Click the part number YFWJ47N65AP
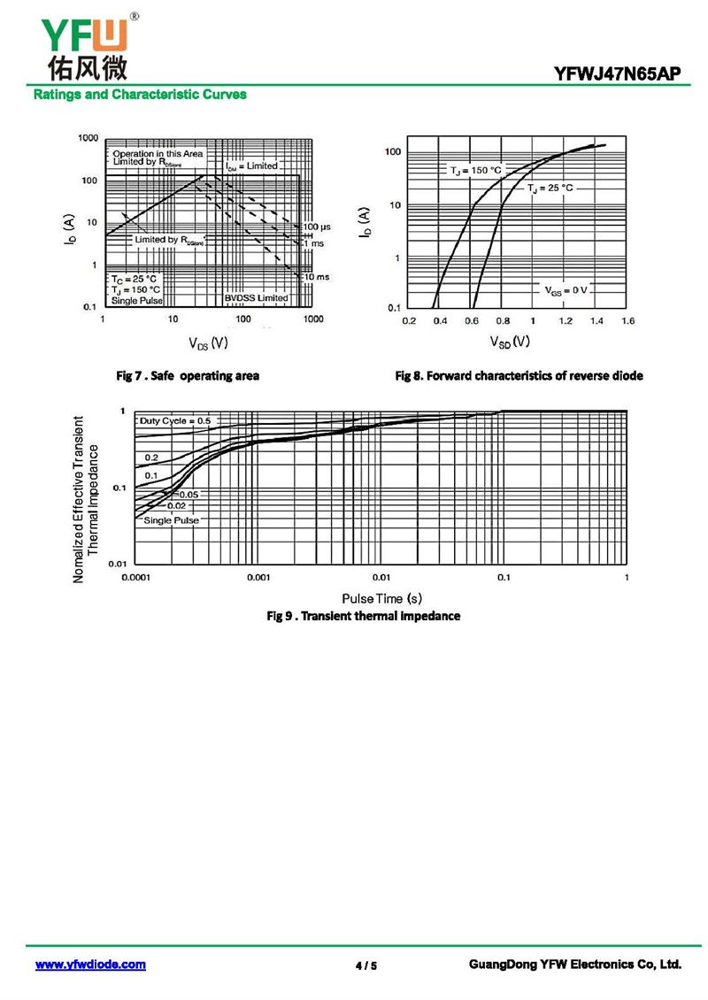618,74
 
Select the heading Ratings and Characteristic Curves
140,95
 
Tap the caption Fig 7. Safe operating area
189,376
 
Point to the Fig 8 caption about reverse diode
519,376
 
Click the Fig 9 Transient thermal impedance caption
364,616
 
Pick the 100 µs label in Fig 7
317,227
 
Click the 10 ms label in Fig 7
316,277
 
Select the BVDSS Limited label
256,298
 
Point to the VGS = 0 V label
566,290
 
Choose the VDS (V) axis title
208,342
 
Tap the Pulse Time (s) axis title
381,599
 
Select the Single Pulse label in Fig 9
171,520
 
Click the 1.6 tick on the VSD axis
627,320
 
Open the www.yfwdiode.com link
90,965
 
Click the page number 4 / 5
366,965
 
